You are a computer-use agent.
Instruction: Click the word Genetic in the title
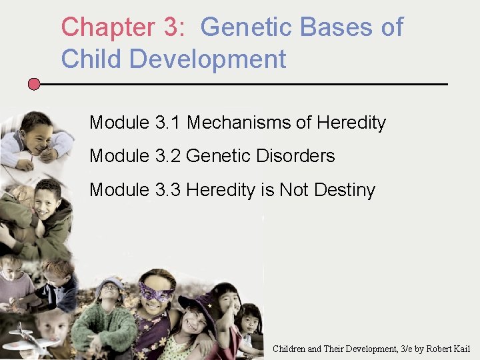tap(246, 27)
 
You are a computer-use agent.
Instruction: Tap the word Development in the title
tap(208, 59)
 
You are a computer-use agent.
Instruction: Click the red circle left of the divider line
tap(34, 84)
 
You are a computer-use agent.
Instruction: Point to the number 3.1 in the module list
tap(168, 123)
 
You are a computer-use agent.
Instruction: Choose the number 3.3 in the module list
tap(168, 190)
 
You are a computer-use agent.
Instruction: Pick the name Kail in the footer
tap(459, 349)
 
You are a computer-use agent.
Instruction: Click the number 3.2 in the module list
tap(168, 156)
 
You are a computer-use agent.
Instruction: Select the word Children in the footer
tap(292, 349)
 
